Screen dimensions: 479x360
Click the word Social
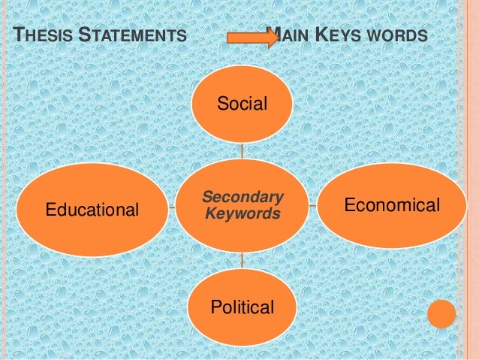click(x=242, y=104)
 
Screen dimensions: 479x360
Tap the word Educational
click(x=93, y=210)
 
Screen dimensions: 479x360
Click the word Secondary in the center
click(x=243, y=198)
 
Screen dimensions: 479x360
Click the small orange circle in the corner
click(x=441, y=314)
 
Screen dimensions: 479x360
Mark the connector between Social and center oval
click(x=242, y=150)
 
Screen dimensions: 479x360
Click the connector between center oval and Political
click(x=242, y=260)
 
